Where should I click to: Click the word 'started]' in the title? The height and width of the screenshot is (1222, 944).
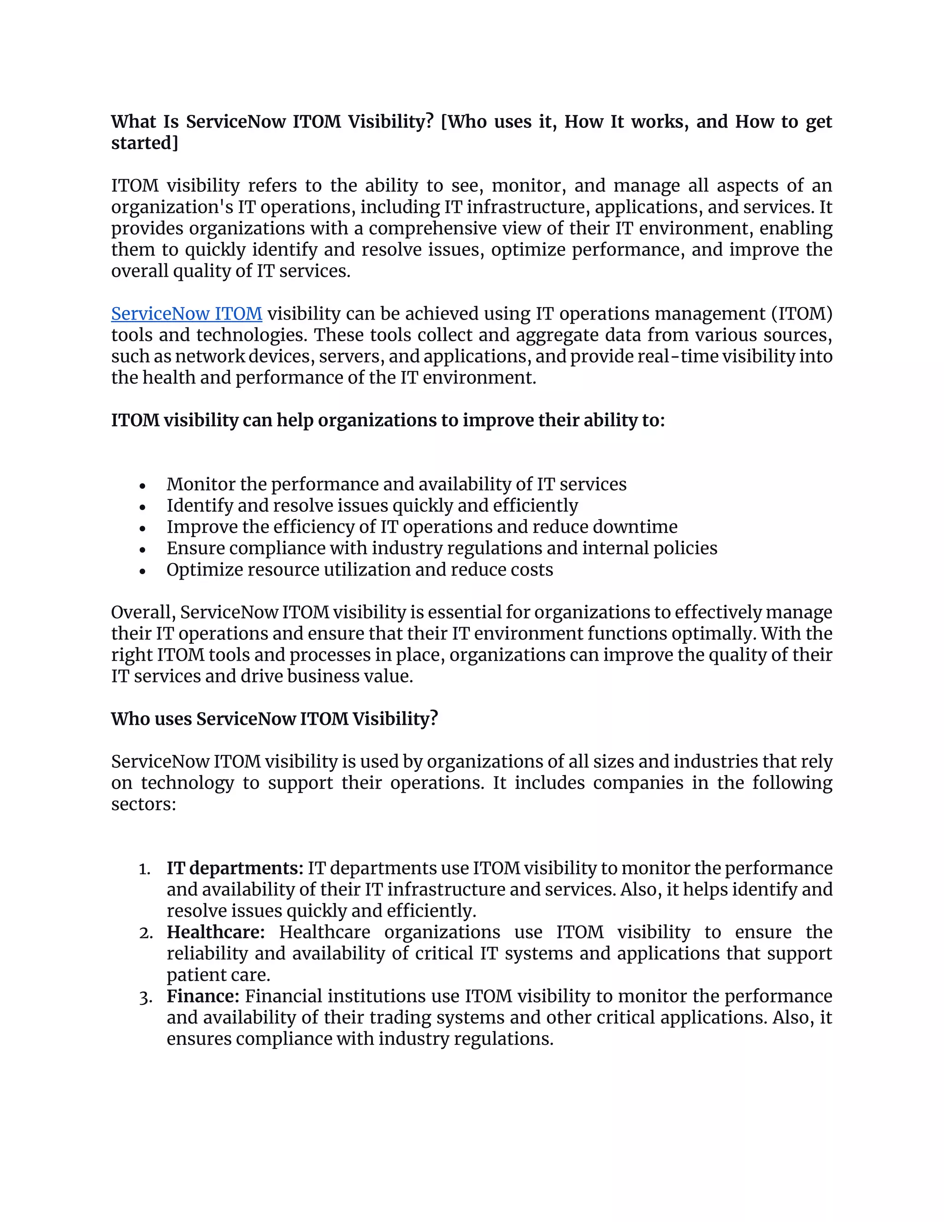144,143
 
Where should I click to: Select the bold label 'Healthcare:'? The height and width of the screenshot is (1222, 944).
216,932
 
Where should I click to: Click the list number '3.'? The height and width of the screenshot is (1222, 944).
145,997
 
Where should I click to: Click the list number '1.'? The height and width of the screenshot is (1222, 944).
145,869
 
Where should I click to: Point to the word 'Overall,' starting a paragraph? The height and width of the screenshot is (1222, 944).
143,613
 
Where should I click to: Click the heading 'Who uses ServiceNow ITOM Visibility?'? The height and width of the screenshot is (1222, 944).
274,719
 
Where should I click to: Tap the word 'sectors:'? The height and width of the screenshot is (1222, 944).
143,805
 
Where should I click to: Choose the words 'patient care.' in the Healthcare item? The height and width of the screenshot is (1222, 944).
218,975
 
